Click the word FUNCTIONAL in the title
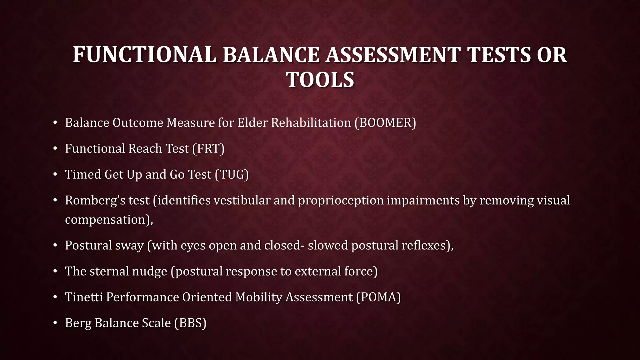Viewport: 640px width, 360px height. coord(144,55)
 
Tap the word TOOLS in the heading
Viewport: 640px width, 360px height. coord(320,80)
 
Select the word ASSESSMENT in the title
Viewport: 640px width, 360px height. coord(393,55)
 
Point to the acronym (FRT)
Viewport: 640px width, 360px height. coord(208,149)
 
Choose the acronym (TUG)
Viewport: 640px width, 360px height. coord(232,175)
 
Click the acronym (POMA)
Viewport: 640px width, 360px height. coord(378,297)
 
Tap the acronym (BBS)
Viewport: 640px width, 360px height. coord(190,323)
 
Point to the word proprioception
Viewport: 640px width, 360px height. coord(341,201)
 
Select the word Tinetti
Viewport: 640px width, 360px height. coord(84,297)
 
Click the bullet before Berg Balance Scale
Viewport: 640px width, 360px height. coord(55,323)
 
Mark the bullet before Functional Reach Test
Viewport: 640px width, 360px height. coord(55,149)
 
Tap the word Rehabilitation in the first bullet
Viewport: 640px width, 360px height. coord(311,123)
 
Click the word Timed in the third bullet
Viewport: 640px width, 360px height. coord(83,175)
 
